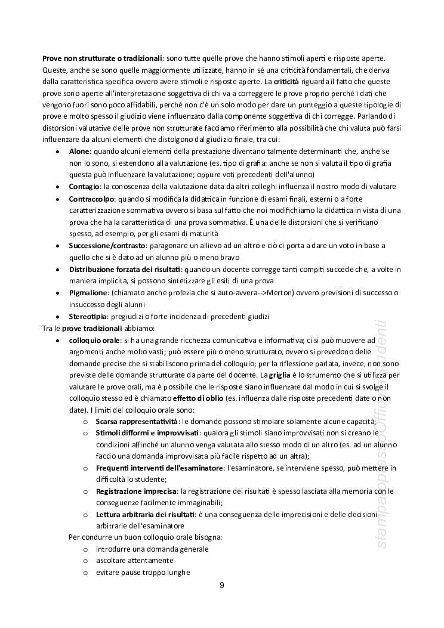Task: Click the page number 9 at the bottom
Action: click(222, 585)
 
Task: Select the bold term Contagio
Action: click(84, 187)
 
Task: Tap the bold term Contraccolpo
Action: click(91, 199)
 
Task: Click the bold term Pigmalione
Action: click(88, 292)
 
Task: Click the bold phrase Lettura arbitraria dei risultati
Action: click(144, 514)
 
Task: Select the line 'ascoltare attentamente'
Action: click(134, 561)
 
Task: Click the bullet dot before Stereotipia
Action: click(57, 317)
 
